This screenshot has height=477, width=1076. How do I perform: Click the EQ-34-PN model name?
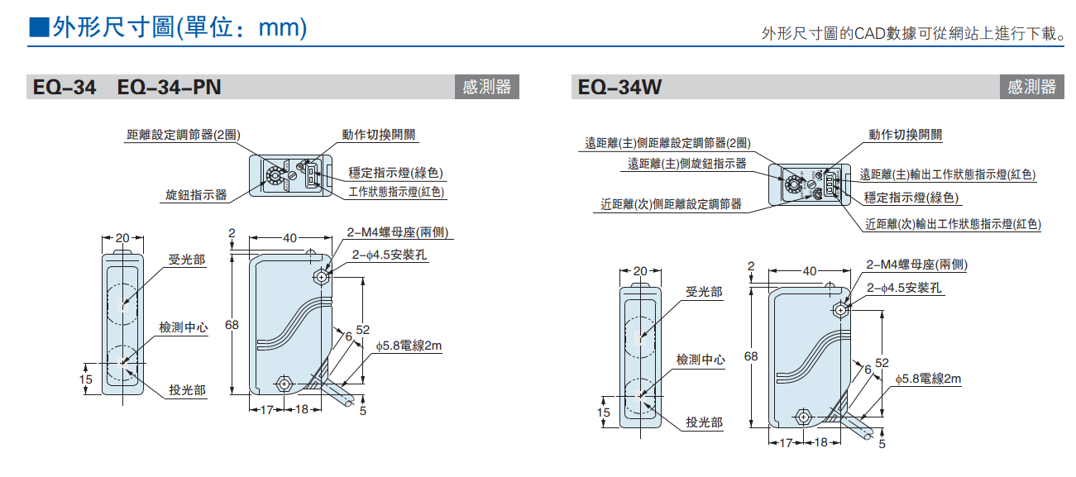tap(170, 87)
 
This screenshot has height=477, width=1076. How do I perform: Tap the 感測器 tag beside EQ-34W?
tap(1031, 87)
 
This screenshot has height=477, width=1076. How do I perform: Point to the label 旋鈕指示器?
tap(196, 195)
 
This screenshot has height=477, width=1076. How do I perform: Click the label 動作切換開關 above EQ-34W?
tap(906, 134)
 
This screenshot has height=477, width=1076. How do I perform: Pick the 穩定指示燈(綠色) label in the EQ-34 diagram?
tap(397, 173)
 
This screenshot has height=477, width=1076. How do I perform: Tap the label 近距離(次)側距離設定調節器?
tap(672, 203)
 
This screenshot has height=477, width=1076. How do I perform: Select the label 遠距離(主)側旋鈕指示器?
tap(687, 164)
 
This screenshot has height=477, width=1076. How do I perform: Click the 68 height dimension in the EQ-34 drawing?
tap(232, 325)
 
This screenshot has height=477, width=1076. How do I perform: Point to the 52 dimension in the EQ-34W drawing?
tap(882, 363)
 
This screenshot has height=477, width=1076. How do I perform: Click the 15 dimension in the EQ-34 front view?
tap(86, 379)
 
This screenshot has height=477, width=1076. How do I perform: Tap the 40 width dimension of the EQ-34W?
tap(809, 270)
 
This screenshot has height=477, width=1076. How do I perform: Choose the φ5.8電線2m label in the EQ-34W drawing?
tap(928, 379)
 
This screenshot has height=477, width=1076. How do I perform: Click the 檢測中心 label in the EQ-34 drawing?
tap(184, 327)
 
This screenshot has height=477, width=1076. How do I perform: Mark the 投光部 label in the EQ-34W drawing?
tap(704, 422)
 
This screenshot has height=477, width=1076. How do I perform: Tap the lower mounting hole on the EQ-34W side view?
tap(801, 416)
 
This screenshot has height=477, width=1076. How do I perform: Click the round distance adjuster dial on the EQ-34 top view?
tap(273, 175)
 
